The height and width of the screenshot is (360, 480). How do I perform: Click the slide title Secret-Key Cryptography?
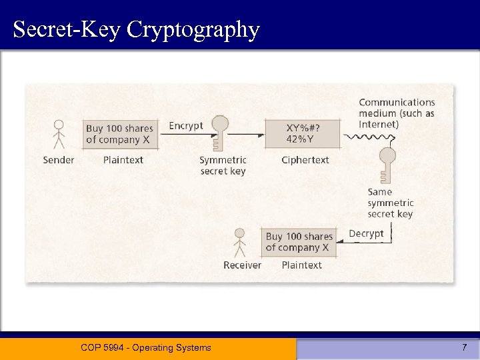point(136,29)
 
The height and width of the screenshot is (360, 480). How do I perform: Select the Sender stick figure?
point(59,134)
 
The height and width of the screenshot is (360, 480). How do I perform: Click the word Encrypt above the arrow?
point(185,125)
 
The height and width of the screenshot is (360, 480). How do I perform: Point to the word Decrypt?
point(366,233)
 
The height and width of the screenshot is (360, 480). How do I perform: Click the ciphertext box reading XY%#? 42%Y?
point(302,134)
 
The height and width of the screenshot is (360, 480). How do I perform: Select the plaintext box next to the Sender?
point(120,134)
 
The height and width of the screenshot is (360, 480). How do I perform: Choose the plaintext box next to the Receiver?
point(298,242)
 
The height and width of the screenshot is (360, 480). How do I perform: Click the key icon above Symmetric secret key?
point(219,133)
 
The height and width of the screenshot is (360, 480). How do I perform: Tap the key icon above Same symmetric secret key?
point(387,165)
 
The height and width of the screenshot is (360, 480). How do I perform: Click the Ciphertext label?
point(305,160)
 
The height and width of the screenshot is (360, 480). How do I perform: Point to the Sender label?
point(59,160)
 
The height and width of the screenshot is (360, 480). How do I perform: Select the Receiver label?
point(243,265)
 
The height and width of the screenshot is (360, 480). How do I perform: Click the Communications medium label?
point(397,113)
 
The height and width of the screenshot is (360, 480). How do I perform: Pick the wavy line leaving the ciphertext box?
point(367,137)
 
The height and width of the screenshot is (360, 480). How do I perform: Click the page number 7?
point(465,347)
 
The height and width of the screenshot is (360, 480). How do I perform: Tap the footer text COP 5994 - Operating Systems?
point(145,347)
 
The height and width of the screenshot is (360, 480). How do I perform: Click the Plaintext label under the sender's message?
point(123,160)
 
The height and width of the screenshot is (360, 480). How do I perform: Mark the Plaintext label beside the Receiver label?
point(301,265)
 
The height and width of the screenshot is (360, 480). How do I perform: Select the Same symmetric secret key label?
point(390,203)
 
